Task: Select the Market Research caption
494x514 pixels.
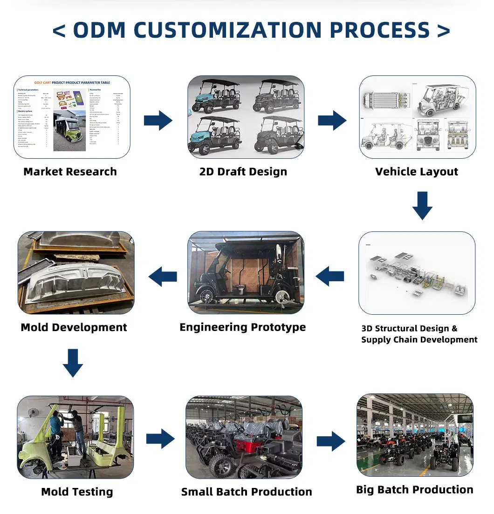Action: point(70,172)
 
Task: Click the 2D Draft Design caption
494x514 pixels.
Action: point(243,172)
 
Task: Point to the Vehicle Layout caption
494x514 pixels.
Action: point(417,172)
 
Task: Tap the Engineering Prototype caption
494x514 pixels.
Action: point(243,327)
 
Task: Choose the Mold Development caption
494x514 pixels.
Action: point(74,327)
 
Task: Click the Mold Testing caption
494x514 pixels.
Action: point(77,492)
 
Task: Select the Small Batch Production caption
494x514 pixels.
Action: point(247,492)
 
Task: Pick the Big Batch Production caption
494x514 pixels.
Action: point(415,490)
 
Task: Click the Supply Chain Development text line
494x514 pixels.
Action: point(419,340)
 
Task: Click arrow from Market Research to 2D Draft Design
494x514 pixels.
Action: point(158,121)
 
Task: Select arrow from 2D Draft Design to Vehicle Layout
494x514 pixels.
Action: point(332,121)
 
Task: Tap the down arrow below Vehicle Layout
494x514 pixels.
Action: point(422,205)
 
